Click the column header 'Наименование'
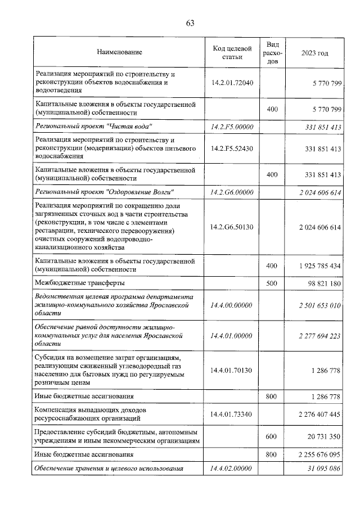(x=119, y=52)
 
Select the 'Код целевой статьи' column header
(x=232, y=52)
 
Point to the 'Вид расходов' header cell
(x=272, y=52)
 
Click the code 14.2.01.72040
(x=232, y=83)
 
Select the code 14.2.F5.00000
(x=232, y=127)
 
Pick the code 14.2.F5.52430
(x=232, y=149)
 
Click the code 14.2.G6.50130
(x=232, y=227)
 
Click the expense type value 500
(x=272, y=283)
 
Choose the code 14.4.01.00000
(x=232, y=336)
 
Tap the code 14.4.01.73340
(x=232, y=415)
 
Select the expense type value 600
(x=272, y=436)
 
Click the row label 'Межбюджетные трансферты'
(x=80, y=283)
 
